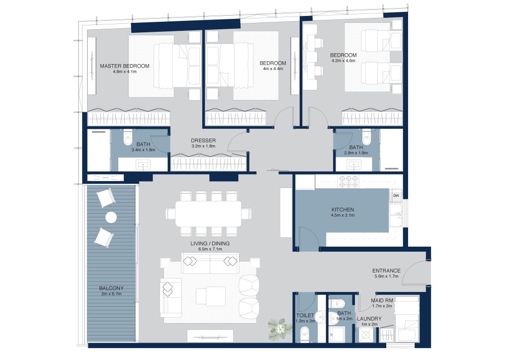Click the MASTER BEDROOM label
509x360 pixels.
pyautogui.click(x=125, y=66)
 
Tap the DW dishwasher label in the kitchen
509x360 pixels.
pyautogui.click(x=396, y=196)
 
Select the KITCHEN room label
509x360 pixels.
pyautogui.click(x=343, y=210)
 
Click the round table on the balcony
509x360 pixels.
pyautogui.click(x=111, y=217)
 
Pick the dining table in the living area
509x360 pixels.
pyautogui.click(x=208, y=214)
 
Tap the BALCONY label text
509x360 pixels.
pyautogui.click(x=111, y=288)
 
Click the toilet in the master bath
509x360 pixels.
pyautogui.click(x=127, y=138)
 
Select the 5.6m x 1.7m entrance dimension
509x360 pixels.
pyautogui.click(x=386, y=276)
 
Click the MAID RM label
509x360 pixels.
pyautogui.click(x=382, y=301)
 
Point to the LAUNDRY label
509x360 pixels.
pyautogui.click(x=369, y=319)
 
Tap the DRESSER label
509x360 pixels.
pyautogui.click(x=203, y=141)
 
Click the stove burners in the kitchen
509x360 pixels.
pyautogui.click(x=348, y=181)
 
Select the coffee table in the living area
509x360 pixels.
pyautogui.click(x=211, y=296)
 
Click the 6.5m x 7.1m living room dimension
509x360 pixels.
pyautogui.click(x=210, y=249)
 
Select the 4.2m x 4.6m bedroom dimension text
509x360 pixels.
pyautogui.click(x=343, y=61)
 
